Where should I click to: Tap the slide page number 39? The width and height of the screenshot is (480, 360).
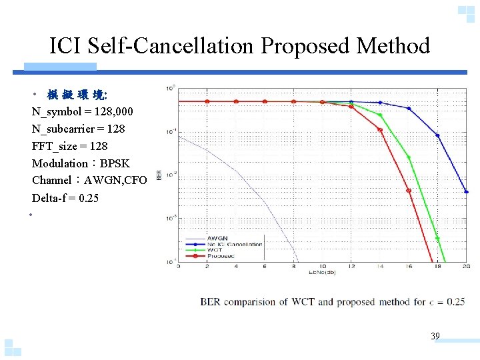435,337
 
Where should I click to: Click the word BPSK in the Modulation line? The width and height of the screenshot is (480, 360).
115,163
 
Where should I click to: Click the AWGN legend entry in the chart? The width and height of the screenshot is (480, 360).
217,238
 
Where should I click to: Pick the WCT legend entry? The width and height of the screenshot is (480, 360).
215,249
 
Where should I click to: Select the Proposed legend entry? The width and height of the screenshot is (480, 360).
220,255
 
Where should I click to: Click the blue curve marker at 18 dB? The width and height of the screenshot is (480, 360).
437,135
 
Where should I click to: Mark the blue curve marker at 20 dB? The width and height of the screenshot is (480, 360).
466,191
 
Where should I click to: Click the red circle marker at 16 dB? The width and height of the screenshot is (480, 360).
409,191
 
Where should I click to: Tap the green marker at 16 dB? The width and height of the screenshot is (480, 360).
409,158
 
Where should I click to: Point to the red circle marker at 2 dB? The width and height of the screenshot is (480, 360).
207,101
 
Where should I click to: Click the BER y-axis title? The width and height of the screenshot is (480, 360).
159,175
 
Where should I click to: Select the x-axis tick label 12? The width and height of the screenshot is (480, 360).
351,267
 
